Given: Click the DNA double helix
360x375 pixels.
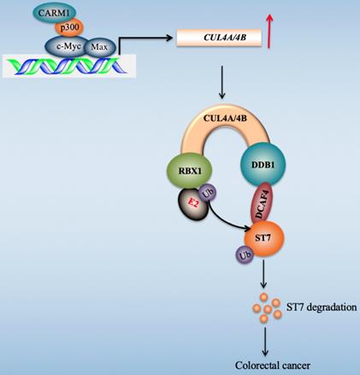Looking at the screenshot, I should coord(65,65).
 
